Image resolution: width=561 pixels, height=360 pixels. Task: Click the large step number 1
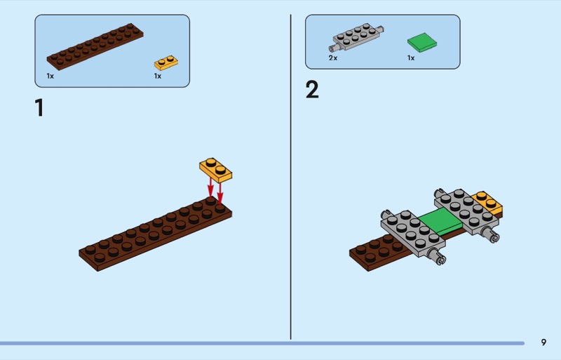(x=40, y=108)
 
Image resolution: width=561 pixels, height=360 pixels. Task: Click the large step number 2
(x=312, y=90)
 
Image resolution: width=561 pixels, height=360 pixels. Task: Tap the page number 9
(x=543, y=342)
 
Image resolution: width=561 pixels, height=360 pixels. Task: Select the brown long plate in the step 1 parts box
(x=95, y=46)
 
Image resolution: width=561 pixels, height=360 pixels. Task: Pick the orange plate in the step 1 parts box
(x=166, y=62)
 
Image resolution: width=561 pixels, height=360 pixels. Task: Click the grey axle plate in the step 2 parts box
(x=356, y=37)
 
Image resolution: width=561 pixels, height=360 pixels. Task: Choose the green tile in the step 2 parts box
(x=422, y=43)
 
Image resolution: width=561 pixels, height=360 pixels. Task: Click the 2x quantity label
(x=332, y=58)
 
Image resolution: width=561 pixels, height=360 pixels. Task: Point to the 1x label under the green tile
(x=411, y=58)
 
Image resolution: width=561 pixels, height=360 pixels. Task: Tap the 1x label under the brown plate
(x=50, y=76)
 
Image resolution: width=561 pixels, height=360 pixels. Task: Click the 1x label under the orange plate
(x=158, y=76)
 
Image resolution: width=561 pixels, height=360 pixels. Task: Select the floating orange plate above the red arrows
(x=216, y=170)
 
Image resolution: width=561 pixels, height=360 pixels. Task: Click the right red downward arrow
(x=220, y=194)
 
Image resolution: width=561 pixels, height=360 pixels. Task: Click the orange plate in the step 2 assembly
(x=488, y=203)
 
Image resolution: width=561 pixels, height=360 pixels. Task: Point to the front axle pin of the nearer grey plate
(x=437, y=255)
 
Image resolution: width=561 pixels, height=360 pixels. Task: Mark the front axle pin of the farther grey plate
(x=491, y=234)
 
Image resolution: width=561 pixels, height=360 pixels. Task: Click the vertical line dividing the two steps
(x=290, y=177)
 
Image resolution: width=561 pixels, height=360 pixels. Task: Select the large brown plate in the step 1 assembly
(x=155, y=234)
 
